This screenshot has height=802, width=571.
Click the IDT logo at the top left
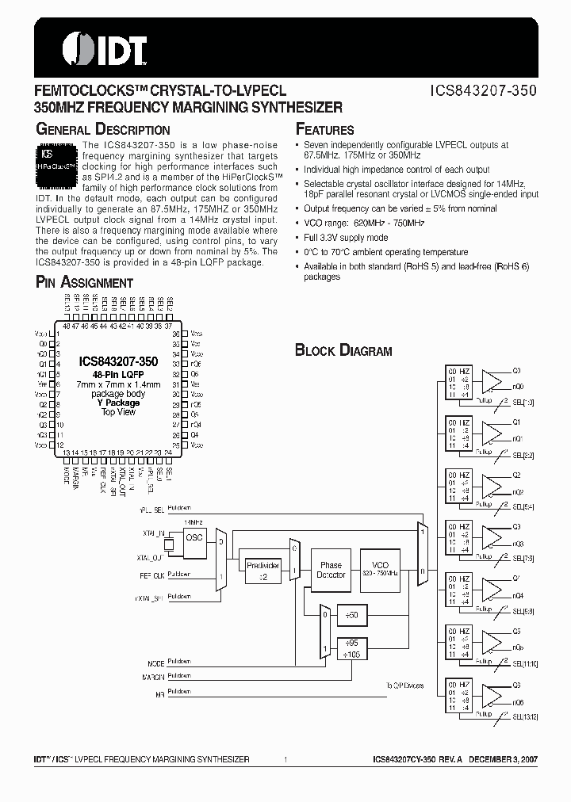[94, 48]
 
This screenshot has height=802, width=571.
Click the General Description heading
[103, 129]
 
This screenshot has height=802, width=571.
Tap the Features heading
[324, 129]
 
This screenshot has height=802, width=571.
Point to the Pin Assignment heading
[85, 282]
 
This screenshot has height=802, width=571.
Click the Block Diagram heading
[343, 350]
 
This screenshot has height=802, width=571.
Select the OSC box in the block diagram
[194, 537]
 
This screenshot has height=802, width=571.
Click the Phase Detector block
[331, 570]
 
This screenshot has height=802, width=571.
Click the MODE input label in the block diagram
[155, 663]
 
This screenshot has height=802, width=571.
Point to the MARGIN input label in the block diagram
[154, 677]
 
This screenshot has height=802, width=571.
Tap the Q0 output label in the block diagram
[516, 370]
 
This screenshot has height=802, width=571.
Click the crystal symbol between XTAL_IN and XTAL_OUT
[168, 545]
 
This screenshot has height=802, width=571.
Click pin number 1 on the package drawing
[59, 334]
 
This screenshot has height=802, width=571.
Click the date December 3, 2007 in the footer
[508, 760]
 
